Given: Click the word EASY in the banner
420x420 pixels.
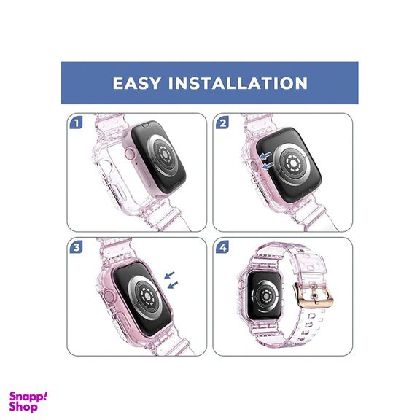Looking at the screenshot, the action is tap(137, 83).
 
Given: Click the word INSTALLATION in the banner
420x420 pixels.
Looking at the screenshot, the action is tap(238, 83).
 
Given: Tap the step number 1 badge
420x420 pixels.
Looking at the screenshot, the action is tap(77, 122).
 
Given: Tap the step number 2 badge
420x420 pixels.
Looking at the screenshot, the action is tap(222, 122).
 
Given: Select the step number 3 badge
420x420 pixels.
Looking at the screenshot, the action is tap(77, 247).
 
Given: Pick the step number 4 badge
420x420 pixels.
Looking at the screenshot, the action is tap(222, 247).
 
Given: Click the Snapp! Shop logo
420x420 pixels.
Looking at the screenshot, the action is tap(28, 402).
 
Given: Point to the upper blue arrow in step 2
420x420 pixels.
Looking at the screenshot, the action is tap(265, 155).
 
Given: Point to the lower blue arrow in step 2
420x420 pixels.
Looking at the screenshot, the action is tap(268, 166).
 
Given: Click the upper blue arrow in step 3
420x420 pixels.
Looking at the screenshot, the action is tap(170, 275).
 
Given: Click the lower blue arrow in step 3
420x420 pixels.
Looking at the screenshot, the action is tap(173, 284).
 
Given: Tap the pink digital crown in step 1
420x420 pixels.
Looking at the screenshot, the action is tap(130, 155).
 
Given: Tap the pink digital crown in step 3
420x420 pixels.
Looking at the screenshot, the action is tap(109, 297).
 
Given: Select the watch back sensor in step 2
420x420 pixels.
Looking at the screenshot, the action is tap(294, 163).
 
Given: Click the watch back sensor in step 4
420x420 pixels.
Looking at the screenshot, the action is tap(265, 296).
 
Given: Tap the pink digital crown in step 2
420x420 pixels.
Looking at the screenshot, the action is tap(254, 166).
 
